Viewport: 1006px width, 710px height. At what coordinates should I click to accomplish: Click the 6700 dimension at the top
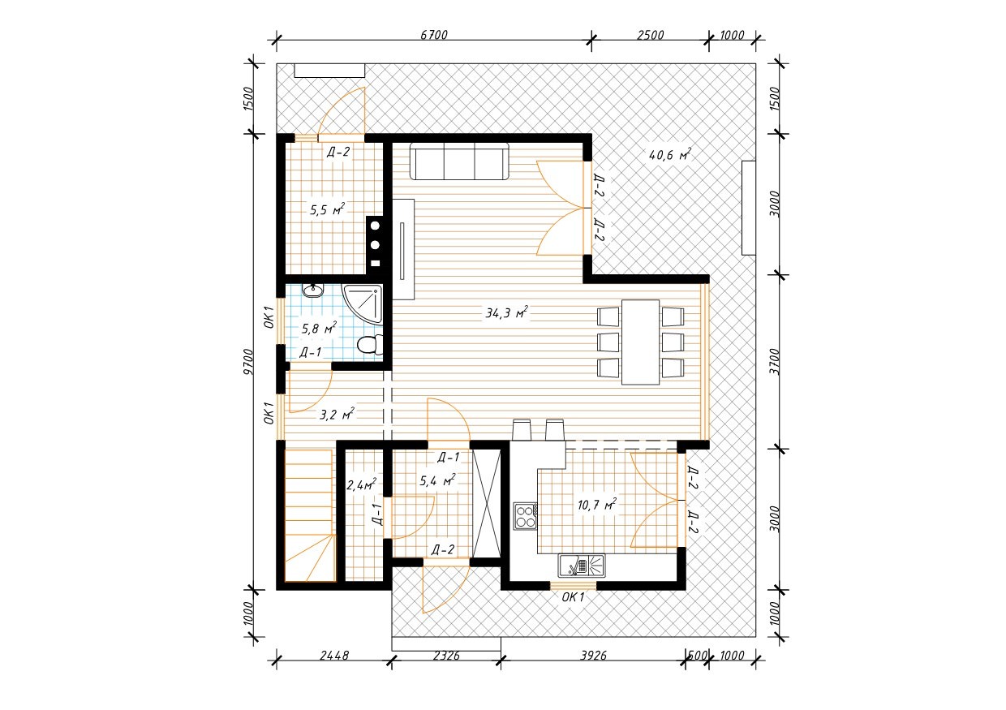tap(434, 35)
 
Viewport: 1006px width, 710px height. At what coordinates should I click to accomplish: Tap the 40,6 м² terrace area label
tap(669, 155)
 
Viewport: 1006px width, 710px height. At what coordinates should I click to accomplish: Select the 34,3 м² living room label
tap(506, 312)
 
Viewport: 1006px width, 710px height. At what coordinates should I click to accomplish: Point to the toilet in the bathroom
tap(370, 345)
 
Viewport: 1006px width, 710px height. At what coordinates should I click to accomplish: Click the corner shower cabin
tap(363, 303)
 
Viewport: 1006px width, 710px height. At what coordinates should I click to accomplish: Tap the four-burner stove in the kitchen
tap(526, 516)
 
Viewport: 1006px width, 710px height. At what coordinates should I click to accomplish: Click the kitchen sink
tap(581, 566)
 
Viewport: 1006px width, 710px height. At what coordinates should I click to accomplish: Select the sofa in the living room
tap(459, 161)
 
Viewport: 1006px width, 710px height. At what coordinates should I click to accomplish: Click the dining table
tap(640, 342)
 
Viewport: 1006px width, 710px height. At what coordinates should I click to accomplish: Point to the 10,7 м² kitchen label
tap(597, 505)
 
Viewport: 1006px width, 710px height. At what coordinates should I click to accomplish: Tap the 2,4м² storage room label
tap(362, 484)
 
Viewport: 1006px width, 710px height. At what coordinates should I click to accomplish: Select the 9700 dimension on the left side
tap(248, 362)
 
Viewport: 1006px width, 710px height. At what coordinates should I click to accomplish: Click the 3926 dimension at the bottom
tap(593, 656)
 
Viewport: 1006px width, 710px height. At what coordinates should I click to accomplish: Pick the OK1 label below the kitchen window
tap(573, 597)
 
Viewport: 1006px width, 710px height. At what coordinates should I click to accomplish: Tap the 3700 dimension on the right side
tap(775, 361)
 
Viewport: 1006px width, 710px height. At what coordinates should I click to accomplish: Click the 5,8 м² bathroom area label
tap(319, 329)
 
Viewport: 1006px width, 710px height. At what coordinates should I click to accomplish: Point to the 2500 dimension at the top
tap(650, 35)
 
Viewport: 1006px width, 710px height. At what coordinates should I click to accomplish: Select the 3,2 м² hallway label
tap(337, 414)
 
